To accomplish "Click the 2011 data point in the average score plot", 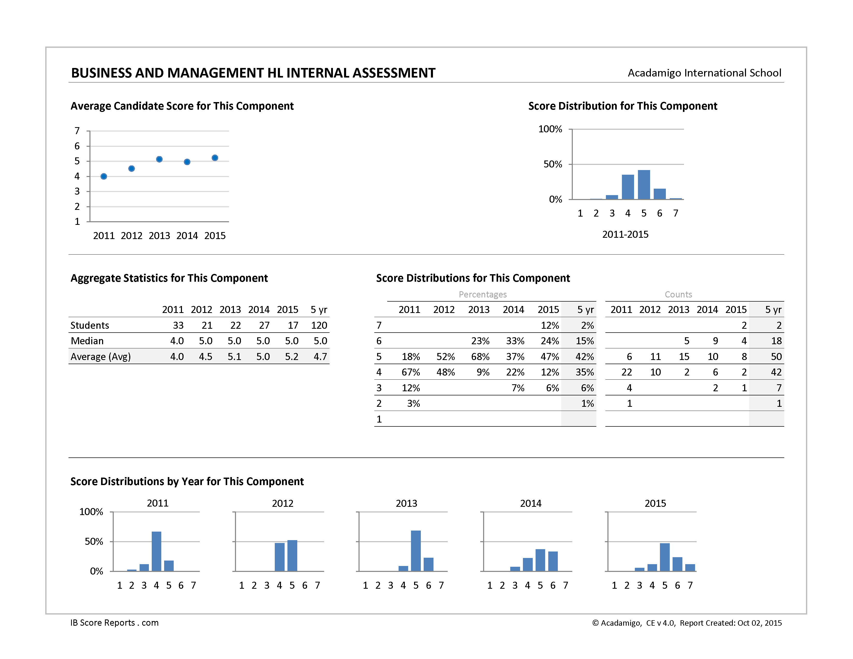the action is click(103, 177).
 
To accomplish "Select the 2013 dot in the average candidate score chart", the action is click(159, 159).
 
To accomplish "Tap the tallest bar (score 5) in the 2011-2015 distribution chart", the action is click(644, 185).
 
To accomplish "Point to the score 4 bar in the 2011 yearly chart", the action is click(156, 551).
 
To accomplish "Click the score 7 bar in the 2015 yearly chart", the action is click(690, 568).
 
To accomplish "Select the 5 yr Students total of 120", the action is click(319, 325).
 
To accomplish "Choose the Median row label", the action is click(87, 341).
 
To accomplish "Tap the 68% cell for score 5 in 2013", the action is click(481, 356).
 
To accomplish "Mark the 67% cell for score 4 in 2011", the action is click(411, 372).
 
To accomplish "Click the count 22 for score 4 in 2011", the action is click(627, 372).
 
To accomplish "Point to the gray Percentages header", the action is click(483, 294).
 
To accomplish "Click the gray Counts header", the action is click(679, 294).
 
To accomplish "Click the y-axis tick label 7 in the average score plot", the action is click(77, 131).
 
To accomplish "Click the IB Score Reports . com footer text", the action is click(115, 623).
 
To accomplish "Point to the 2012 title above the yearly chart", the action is click(282, 503).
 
